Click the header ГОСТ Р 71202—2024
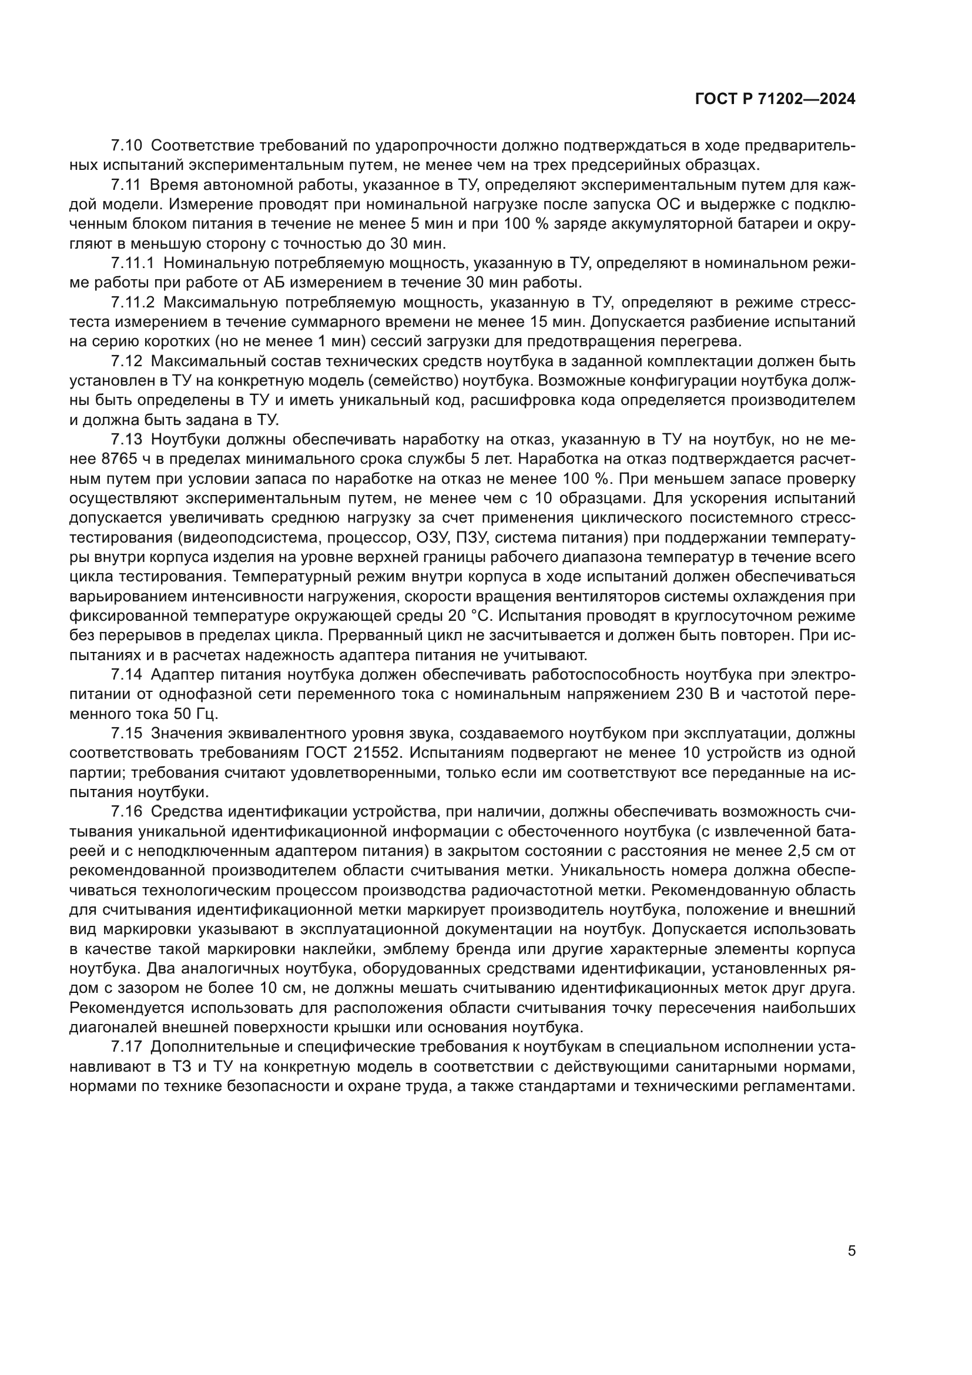775,99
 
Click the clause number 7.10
127,146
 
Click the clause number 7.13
127,440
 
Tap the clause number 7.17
127,1047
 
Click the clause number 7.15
127,734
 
